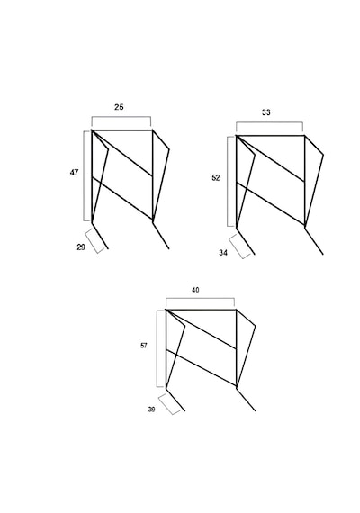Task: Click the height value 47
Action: (x=75, y=172)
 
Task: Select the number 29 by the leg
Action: (x=81, y=247)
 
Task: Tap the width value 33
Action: (x=266, y=112)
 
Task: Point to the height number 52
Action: (x=216, y=178)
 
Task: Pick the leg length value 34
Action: (x=223, y=253)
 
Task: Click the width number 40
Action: (x=195, y=290)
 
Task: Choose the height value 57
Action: (x=144, y=346)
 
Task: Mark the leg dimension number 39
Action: (x=151, y=409)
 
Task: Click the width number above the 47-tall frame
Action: (x=119, y=107)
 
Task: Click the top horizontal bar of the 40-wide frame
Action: (x=201, y=310)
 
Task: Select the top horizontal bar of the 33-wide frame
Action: (x=270, y=135)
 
